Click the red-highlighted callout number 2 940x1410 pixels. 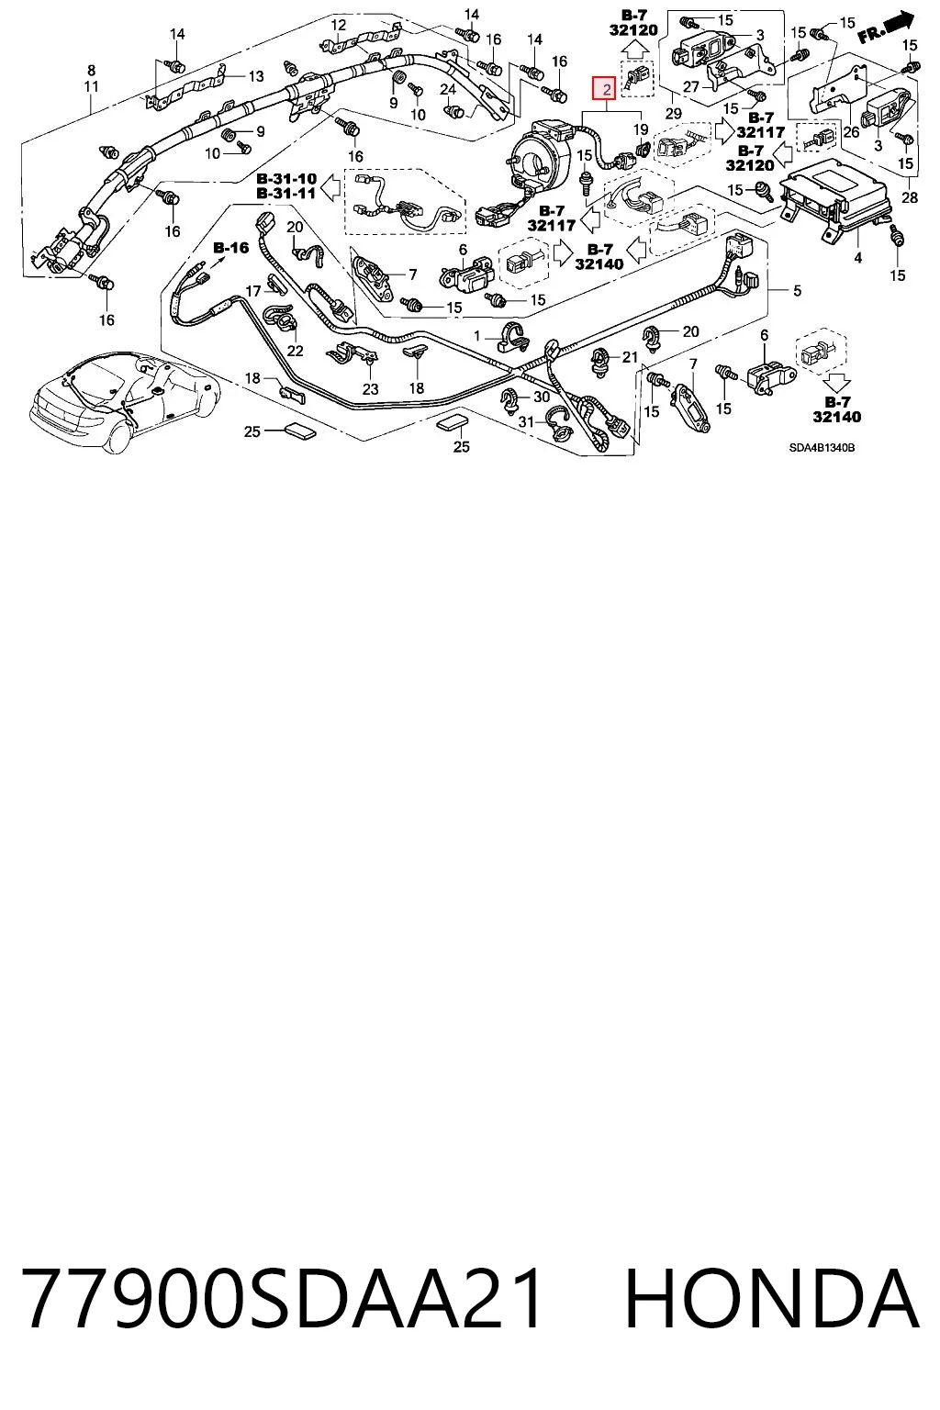tap(606, 89)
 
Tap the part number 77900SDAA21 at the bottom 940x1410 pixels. tap(282, 1297)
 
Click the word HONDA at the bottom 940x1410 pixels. tap(771, 1297)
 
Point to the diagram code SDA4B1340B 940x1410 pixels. tap(821, 448)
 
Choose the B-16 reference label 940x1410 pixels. tap(231, 247)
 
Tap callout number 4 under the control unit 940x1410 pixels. tap(857, 257)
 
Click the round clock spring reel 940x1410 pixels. tap(543, 153)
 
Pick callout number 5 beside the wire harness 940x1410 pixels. tap(797, 290)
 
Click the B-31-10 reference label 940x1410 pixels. tap(286, 179)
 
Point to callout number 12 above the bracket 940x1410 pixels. tap(338, 25)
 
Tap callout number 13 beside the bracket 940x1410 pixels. tap(255, 77)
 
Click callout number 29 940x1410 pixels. tap(673, 114)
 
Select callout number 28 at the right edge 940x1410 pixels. tap(909, 197)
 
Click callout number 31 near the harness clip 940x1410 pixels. tap(526, 421)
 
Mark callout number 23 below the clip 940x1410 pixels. tap(370, 389)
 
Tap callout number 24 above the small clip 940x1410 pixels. tap(448, 90)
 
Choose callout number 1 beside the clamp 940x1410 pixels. tap(476, 335)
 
